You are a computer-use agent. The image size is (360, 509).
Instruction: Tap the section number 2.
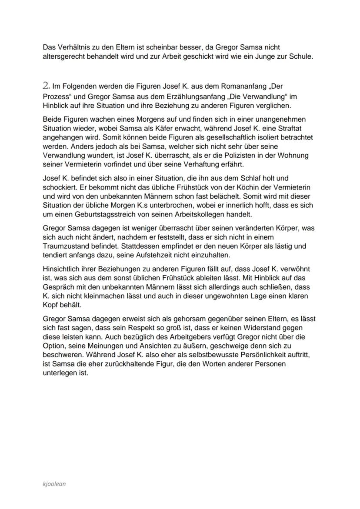pyautogui.click(x=47, y=86)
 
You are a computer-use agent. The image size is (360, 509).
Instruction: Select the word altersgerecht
pyautogui.click(x=64, y=56)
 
